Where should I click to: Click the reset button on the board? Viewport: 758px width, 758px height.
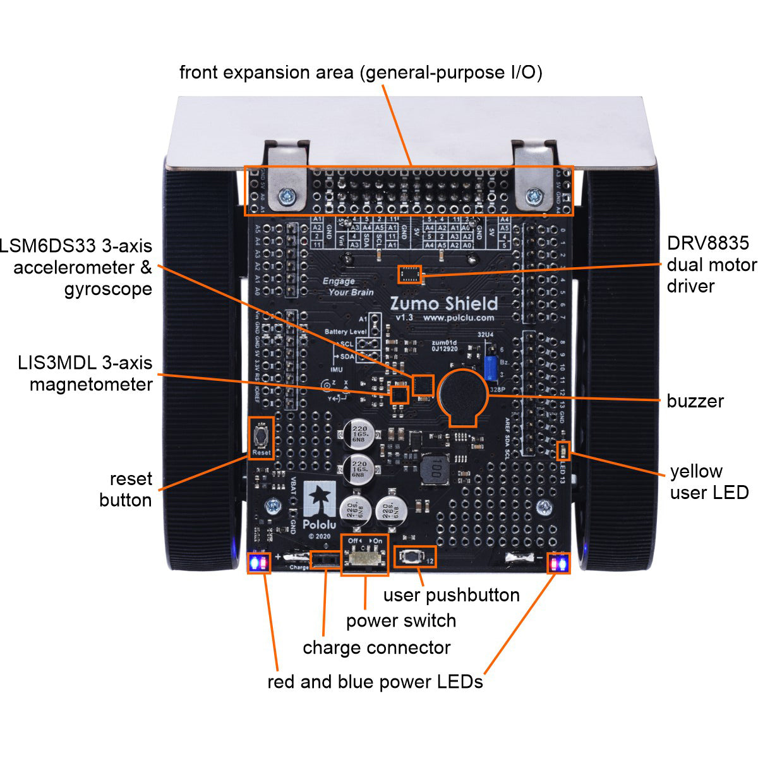(261, 435)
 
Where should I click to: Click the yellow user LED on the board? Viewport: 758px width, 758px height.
(563, 450)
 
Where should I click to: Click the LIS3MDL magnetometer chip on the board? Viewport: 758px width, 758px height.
(399, 395)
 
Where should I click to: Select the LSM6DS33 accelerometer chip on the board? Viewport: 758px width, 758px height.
(423, 385)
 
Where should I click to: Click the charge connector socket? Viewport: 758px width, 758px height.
(325, 559)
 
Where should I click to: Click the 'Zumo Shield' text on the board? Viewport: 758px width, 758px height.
(443, 304)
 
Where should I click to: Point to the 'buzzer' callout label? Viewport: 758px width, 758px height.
(695, 401)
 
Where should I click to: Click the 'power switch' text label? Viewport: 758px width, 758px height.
(400, 621)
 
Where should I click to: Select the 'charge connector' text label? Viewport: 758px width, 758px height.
(376, 648)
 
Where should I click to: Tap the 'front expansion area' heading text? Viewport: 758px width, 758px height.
(361, 73)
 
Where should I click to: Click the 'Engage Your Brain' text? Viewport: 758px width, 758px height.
(347, 287)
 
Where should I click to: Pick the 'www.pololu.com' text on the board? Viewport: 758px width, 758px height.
(458, 318)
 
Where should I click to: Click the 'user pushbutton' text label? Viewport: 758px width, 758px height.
(451, 595)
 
